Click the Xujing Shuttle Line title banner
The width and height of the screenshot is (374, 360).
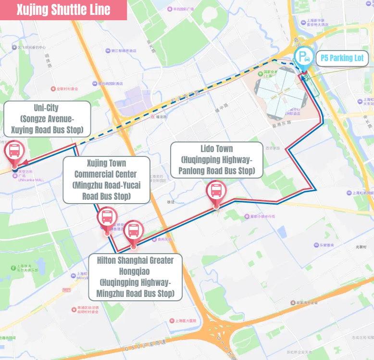coord(63,10)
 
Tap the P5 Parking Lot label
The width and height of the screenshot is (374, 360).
coord(342,59)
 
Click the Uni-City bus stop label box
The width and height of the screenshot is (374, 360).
coord(47,118)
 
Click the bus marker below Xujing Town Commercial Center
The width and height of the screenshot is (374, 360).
coord(107,218)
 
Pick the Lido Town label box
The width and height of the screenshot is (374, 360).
coord(216,159)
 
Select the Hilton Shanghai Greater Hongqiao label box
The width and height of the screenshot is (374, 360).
coord(136,277)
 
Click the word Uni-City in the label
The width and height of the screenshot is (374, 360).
coord(46,108)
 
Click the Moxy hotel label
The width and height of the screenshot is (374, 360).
coord(82,278)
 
